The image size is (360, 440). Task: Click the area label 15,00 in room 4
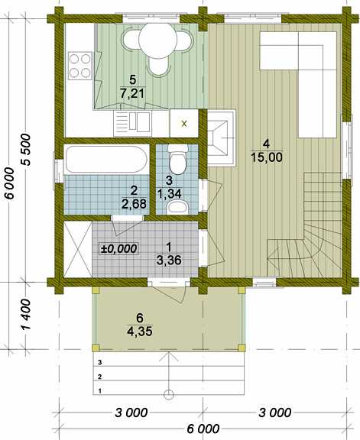pyautogui.click(x=267, y=157)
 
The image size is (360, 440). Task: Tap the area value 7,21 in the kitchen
pyautogui.click(x=132, y=93)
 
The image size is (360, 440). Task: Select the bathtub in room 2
pyautogui.click(x=106, y=159)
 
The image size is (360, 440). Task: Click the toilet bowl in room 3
pyautogui.click(x=177, y=160)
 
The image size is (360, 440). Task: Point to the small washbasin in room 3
pyautogui.click(x=177, y=207)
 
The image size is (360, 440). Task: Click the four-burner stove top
pyautogui.click(x=80, y=66)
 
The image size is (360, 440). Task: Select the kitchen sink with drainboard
pyautogui.click(x=132, y=124)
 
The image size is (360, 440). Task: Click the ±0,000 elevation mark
pyautogui.click(x=118, y=248)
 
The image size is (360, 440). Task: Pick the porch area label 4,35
pyautogui.click(x=140, y=332)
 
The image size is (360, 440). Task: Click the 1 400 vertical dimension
pyautogui.click(x=25, y=314)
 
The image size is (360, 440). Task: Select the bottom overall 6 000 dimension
pyautogui.click(x=203, y=429)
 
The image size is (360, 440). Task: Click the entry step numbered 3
pyautogui.click(x=168, y=359)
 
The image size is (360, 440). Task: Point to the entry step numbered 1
pyautogui.click(x=168, y=387)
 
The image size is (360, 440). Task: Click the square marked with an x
pyautogui.click(x=184, y=123)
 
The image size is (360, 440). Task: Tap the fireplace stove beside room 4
pyautogui.click(x=222, y=137)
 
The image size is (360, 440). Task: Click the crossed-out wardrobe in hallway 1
pyautogui.click(x=78, y=249)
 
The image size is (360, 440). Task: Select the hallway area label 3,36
pyautogui.click(x=169, y=260)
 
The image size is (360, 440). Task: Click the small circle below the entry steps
pyautogui.click(x=168, y=394)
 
